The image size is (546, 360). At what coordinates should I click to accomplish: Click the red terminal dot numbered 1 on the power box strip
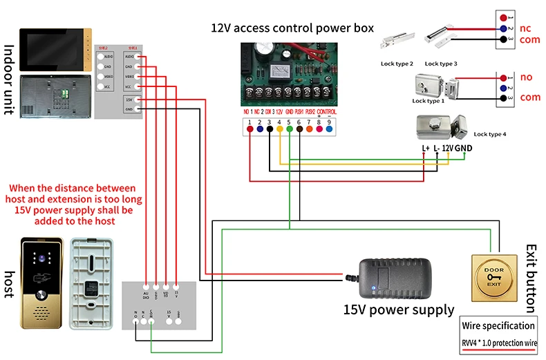[x=250, y=128]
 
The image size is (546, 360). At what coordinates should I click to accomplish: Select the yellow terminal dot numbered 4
[x=279, y=128]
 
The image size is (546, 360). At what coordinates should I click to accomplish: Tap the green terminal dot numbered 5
[x=290, y=128]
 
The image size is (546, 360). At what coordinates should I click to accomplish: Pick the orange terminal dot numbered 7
[x=310, y=128]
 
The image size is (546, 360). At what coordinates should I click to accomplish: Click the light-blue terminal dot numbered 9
[x=330, y=128]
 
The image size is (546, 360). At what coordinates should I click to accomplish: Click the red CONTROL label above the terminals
[x=327, y=111]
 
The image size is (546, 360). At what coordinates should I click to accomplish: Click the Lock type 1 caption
[x=429, y=101]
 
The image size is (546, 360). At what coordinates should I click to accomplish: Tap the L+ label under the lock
[x=426, y=148]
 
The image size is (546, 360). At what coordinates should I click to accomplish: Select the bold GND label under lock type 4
[x=464, y=148]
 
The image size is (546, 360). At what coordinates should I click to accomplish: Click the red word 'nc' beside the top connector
[x=525, y=29]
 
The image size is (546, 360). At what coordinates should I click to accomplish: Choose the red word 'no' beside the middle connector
[x=526, y=77]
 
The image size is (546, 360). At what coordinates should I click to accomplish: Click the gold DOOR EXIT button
[x=493, y=277]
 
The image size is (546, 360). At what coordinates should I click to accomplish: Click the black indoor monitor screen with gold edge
[x=54, y=49]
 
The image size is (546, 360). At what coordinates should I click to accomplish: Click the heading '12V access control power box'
[x=292, y=28]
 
